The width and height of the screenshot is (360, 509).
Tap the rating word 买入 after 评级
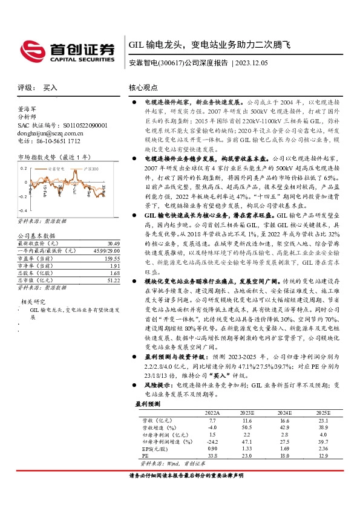coord(50,88)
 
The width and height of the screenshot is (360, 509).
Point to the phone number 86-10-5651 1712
coord(57,140)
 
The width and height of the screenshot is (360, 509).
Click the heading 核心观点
coord(143,88)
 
